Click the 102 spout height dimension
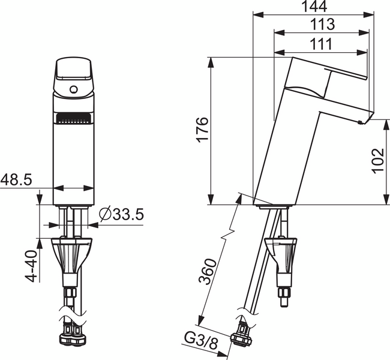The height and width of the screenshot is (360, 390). [376, 161]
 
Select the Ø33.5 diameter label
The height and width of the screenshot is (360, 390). [122, 214]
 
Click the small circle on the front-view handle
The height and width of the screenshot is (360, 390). [74, 91]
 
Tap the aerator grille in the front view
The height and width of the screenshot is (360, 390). [74, 119]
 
